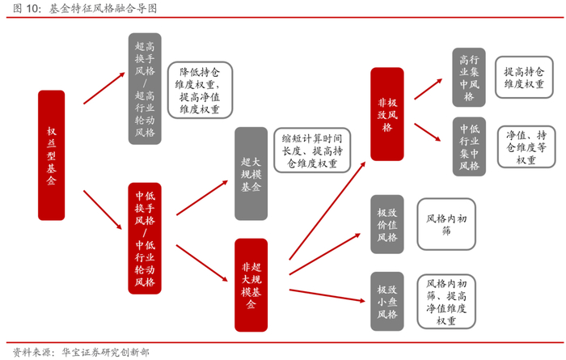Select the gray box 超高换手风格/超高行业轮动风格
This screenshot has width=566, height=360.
(x=145, y=89)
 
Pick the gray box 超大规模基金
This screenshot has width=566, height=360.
(x=251, y=173)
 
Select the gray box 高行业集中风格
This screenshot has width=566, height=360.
(x=469, y=78)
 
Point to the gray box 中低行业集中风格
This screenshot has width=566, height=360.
(x=469, y=146)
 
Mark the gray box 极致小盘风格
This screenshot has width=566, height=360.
(x=387, y=302)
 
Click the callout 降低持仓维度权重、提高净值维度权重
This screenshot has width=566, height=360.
(x=200, y=90)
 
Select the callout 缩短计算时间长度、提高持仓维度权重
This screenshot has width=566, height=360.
(x=312, y=150)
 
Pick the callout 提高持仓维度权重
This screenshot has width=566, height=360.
(x=523, y=77)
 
